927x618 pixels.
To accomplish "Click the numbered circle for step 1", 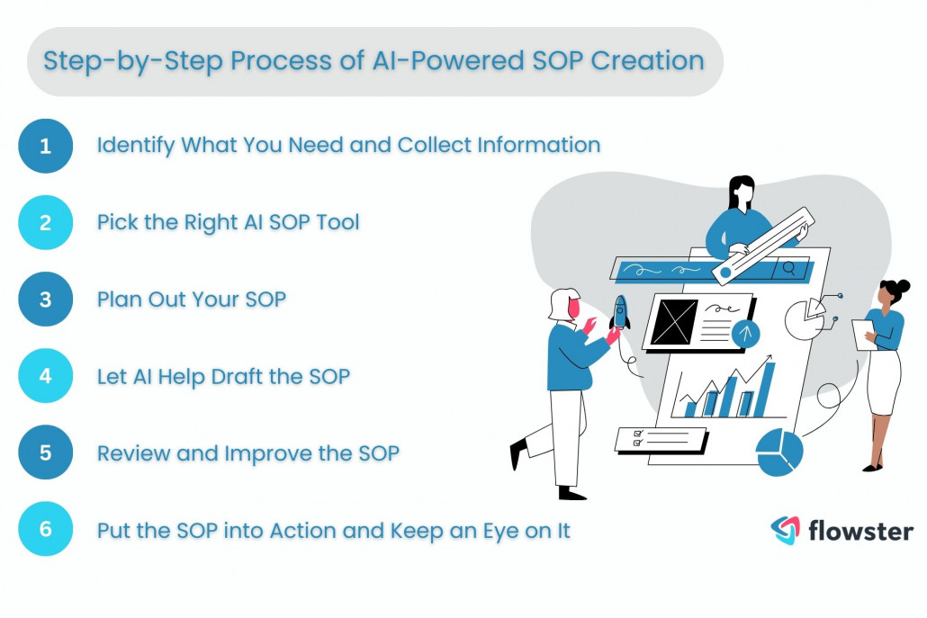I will click(45, 145).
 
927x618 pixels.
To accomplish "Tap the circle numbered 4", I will click(45, 375).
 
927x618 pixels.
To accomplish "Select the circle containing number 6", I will click(45, 530).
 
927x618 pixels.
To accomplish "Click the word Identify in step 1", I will click(136, 145).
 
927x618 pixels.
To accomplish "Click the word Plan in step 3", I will click(119, 300).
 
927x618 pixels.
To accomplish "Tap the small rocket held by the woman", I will click(620, 312).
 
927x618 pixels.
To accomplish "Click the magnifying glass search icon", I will click(788, 267).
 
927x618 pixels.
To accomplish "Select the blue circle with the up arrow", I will click(745, 334).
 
